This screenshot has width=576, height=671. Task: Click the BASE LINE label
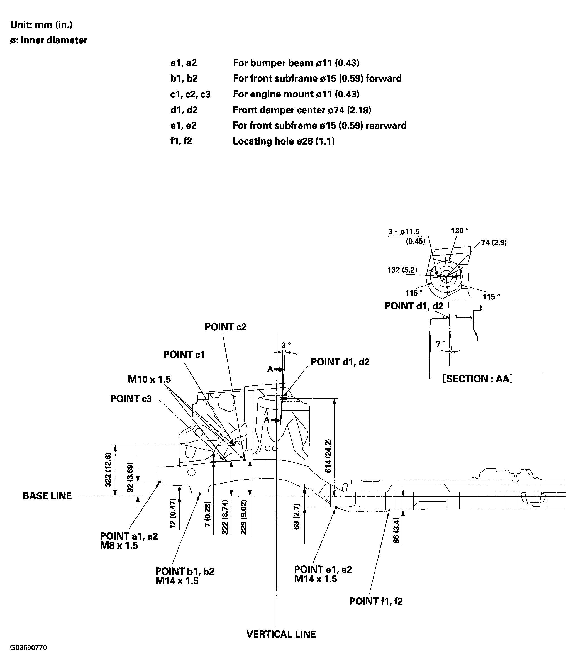[x=47, y=496]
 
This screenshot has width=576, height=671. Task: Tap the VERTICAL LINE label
[x=281, y=634]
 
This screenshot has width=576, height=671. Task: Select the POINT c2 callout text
[x=225, y=327]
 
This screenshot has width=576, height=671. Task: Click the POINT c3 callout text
[x=131, y=399]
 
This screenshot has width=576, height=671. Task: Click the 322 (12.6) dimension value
[x=108, y=470]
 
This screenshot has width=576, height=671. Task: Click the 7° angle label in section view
[x=440, y=344]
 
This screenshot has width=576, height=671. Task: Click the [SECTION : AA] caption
[x=478, y=379]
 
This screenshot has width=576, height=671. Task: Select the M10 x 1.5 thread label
[x=149, y=379]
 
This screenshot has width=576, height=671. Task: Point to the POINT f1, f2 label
[x=376, y=601]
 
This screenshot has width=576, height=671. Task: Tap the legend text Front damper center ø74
[x=302, y=110]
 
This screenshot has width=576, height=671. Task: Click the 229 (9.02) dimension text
[x=243, y=517]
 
